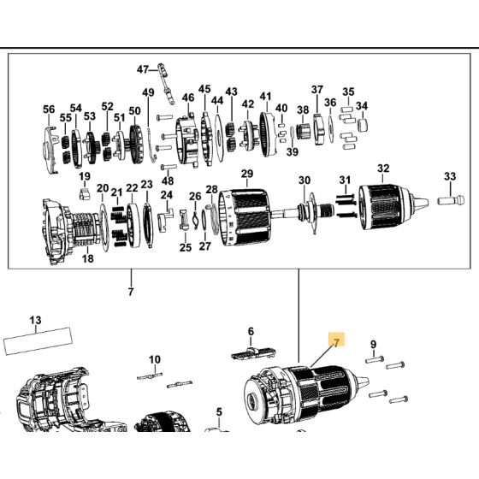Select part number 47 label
coord(142,69)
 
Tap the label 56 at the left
coord(49,109)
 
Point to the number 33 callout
coord(450,176)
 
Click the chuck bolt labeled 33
coord(452,201)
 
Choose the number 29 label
coord(247,174)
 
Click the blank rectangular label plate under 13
coord(38,340)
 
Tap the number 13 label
coord(35,321)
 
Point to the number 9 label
coord(374,345)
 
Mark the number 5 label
coord(219,412)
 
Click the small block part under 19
coord(85,194)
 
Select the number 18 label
coord(87,258)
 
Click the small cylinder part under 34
coord(363,125)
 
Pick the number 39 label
coord(292,152)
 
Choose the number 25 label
coord(185,247)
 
